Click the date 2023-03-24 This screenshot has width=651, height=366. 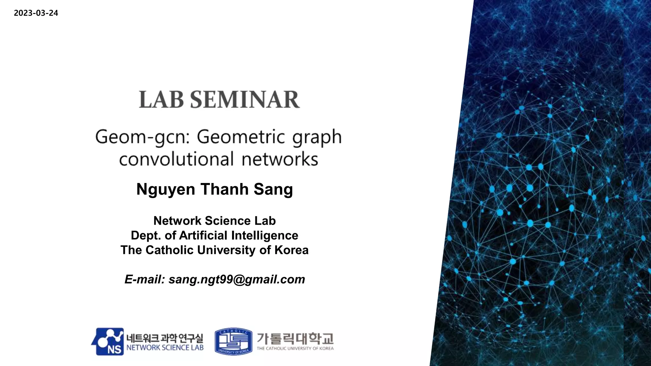coord(36,13)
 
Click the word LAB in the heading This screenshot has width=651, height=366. coord(161,99)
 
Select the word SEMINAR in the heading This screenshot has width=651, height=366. coord(245,99)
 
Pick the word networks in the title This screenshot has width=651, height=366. coord(280,159)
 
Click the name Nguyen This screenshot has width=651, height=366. coord(166,190)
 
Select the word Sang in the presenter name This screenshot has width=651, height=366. coord(273,190)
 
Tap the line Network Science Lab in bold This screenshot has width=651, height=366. coord(215,221)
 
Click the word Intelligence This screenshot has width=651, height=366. coord(264,235)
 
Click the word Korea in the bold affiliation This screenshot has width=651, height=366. coord(291,250)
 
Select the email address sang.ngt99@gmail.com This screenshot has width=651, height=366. coord(237,280)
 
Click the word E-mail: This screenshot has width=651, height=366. coord(145,280)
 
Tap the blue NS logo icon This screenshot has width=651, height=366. coord(108,342)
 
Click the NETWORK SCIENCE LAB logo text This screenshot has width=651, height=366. coord(165,348)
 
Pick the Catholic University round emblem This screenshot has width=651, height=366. coord(233,342)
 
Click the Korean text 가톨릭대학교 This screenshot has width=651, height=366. coord(295,338)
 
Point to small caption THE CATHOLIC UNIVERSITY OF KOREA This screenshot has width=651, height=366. coord(295,349)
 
